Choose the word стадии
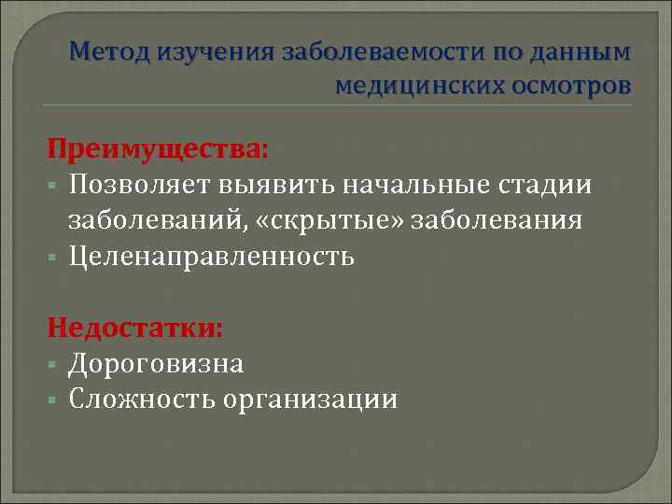[552, 185]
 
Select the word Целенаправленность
[212, 256]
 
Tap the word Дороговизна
[156, 363]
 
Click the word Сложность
[143, 399]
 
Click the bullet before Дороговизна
[55, 364]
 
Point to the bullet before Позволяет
[55, 186]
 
